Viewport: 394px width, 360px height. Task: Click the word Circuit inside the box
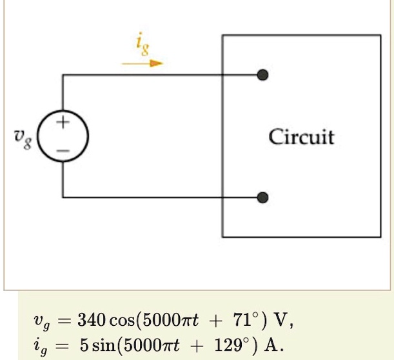[x=301, y=137]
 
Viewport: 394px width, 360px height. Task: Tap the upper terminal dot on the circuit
[x=262, y=75]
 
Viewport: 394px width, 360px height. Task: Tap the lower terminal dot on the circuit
[x=262, y=197]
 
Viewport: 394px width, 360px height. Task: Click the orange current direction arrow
[x=143, y=63]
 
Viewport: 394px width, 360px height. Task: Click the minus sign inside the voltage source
[x=63, y=150]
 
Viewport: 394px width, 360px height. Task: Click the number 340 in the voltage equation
[x=92, y=319]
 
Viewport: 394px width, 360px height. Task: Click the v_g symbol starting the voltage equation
[x=40, y=321]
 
